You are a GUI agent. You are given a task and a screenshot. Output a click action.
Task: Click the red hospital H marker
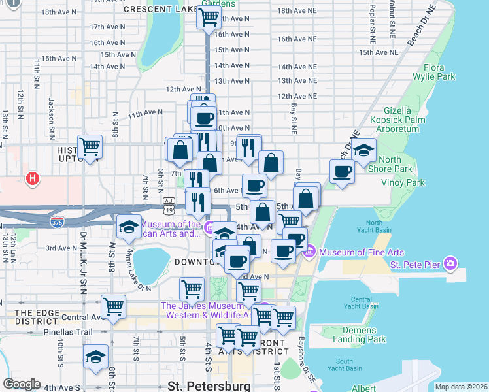[x=31, y=178]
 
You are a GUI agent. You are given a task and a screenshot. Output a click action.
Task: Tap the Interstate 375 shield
[x=58, y=222]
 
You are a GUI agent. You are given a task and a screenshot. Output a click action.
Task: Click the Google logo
[x=22, y=384]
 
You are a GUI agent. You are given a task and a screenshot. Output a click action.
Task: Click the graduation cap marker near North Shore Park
[x=363, y=150]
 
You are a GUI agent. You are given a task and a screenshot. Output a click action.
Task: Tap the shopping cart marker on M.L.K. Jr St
[x=90, y=146]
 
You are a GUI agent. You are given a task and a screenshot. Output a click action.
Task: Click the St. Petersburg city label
[x=209, y=385]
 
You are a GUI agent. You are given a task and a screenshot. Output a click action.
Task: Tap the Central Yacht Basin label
[x=362, y=302]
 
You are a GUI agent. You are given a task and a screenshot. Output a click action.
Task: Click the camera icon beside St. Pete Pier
[x=450, y=263]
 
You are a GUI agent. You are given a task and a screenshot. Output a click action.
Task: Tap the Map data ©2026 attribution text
[x=460, y=387]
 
